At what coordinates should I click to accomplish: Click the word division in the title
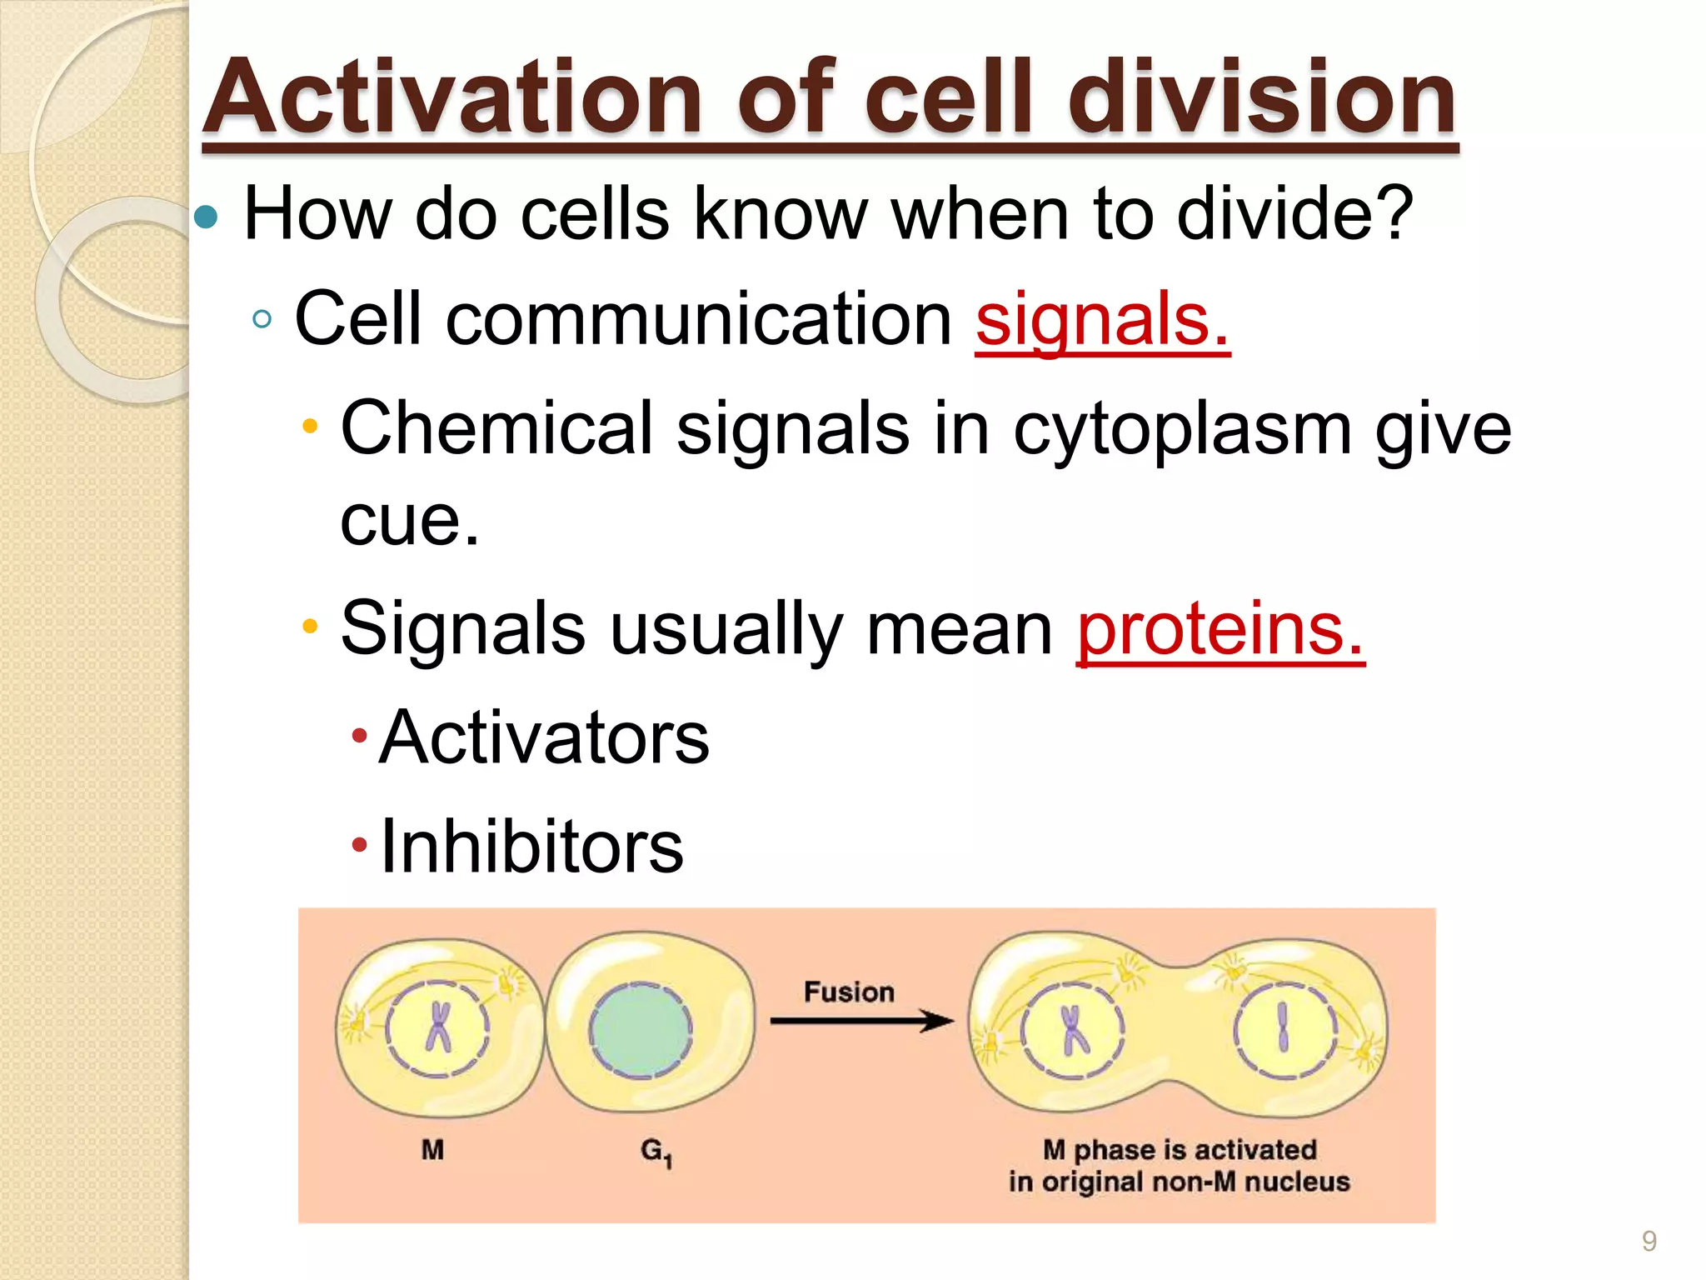tap(1262, 98)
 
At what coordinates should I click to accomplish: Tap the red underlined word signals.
tap(1101, 319)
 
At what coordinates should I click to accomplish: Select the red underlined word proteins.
tap(1220, 628)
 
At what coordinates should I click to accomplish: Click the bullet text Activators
tap(544, 737)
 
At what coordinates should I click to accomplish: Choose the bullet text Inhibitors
tap(531, 847)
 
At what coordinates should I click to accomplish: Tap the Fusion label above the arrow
tap(849, 992)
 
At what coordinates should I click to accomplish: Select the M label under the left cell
tap(432, 1150)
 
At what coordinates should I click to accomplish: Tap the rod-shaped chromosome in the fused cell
tap(1284, 1027)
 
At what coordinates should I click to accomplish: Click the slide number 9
tap(1649, 1241)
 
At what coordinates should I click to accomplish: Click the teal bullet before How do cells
tap(205, 218)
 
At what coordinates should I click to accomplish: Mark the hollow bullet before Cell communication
tap(262, 319)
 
